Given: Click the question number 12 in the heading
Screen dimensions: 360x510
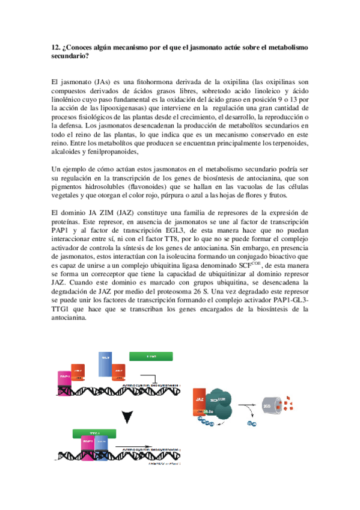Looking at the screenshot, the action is tap(55, 47).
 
